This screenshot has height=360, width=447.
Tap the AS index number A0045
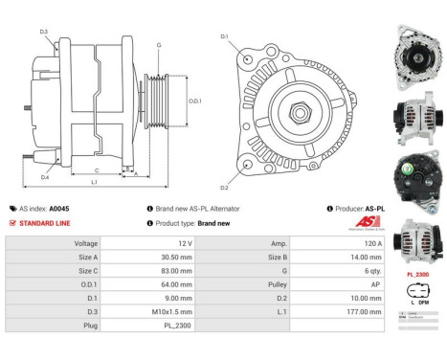point(59,208)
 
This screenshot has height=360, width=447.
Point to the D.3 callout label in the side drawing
point(44,32)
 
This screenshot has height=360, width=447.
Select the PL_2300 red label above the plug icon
point(416,273)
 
